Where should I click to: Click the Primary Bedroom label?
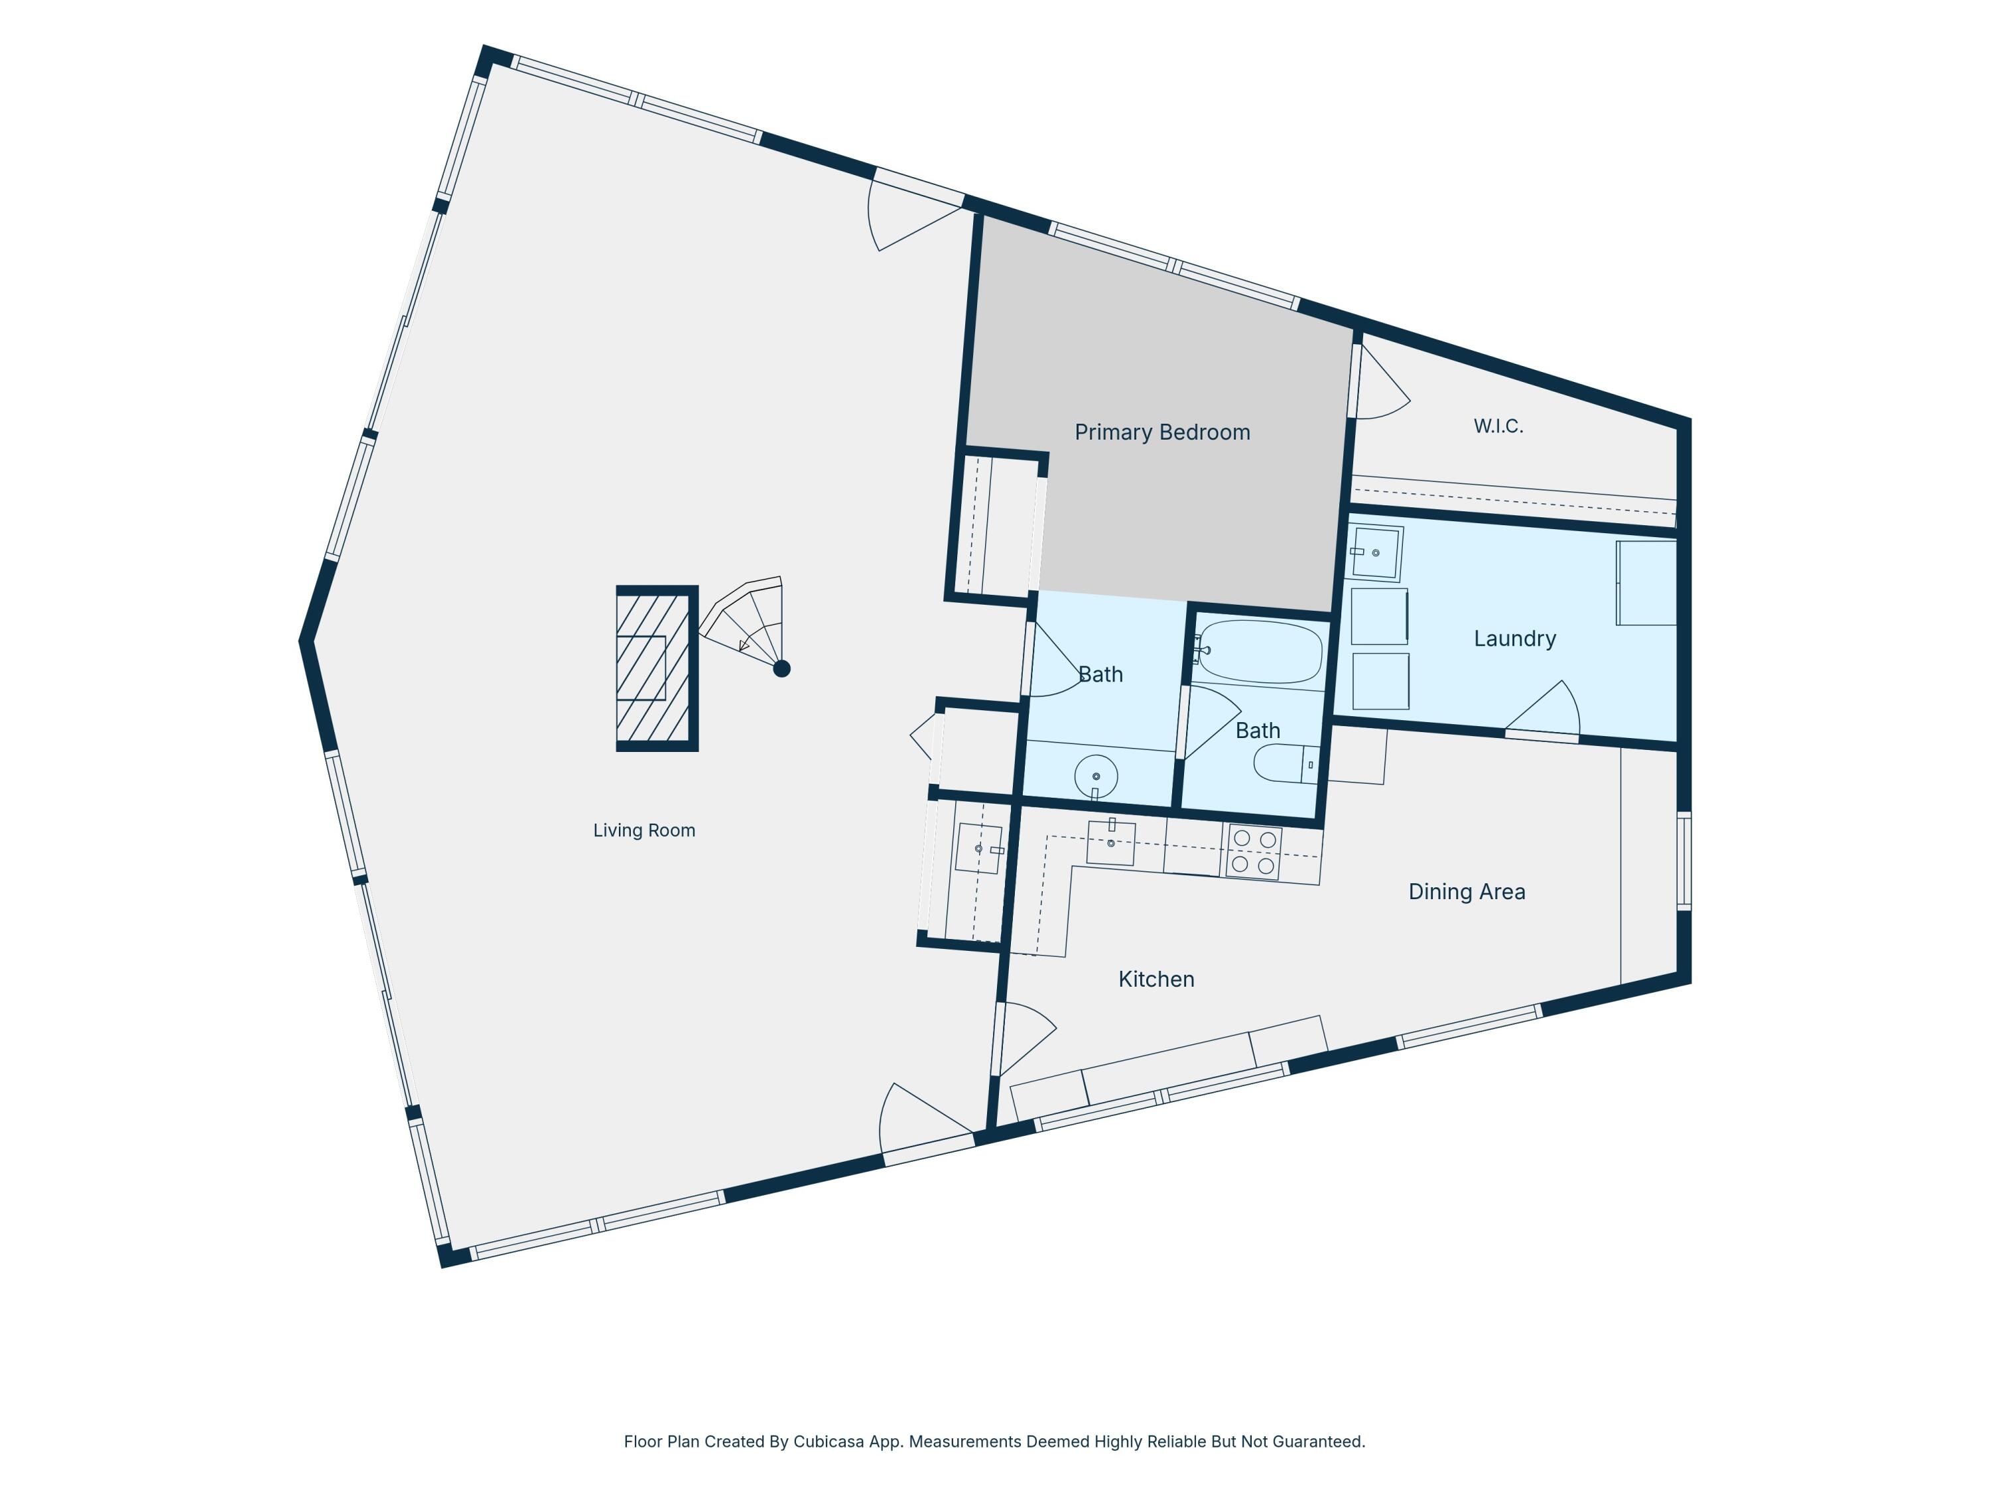pyautogui.click(x=1162, y=432)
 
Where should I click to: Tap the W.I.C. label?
pyautogui.click(x=1498, y=426)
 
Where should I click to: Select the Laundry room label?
pyautogui.click(x=1515, y=639)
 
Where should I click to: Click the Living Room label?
pyautogui.click(x=644, y=830)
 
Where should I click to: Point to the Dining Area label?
pyautogui.click(x=1467, y=891)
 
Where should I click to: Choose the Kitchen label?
pyautogui.click(x=1156, y=979)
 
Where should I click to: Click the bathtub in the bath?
pyautogui.click(x=1260, y=651)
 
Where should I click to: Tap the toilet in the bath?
pyautogui.click(x=1286, y=763)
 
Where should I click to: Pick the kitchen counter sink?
pyautogui.click(x=1111, y=843)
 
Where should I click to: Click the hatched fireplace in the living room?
pyautogui.click(x=657, y=668)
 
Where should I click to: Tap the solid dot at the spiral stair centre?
pyautogui.click(x=782, y=668)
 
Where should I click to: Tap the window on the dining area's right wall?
pyautogui.click(x=1684, y=861)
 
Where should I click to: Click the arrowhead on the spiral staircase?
pyautogui.click(x=744, y=645)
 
